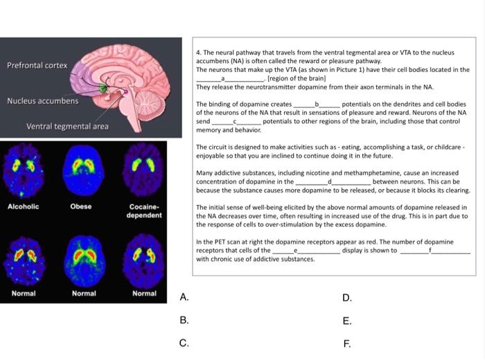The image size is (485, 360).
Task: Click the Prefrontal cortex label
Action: (x=37, y=65)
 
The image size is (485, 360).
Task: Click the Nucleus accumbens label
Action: (x=43, y=101)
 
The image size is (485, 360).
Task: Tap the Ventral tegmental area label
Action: (x=67, y=126)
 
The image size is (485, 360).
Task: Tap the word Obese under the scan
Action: (x=81, y=206)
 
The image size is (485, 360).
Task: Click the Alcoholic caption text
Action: (x=23, y=206)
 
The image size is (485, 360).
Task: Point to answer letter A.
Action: (x=184, y=298)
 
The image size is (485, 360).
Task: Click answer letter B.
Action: (x=184, y=320)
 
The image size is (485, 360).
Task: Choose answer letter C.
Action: (x=184, y=343)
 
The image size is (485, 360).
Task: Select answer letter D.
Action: (x=347, y=298)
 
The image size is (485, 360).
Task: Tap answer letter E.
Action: (x=347, y=321)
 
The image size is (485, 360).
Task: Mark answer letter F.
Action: (x=347, y=343)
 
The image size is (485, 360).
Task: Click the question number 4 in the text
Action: (x=199, y=52)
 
